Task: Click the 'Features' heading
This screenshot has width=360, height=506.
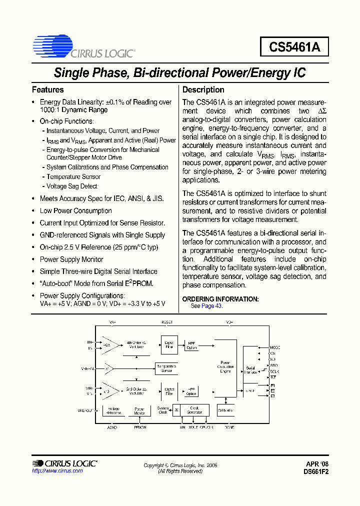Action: [x=48, y=90]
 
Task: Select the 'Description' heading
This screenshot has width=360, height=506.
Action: [x=203, y=90]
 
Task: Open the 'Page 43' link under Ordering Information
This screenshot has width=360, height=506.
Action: [x=211, y=306]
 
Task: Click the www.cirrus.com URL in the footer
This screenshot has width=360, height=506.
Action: [x=57, y=471]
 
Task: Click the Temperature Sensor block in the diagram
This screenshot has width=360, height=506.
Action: [x=166, y=368]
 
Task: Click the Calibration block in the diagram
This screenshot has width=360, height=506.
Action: [x=225, y=410]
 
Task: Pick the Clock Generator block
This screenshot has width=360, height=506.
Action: [x=194, y=410]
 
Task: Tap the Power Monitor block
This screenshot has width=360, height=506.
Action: [x=139, y=410]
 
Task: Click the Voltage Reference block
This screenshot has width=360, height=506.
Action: [x=114, y=410]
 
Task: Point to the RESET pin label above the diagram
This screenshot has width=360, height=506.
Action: [x=166, y=322]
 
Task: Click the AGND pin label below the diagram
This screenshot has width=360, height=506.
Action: [x=112, y=427]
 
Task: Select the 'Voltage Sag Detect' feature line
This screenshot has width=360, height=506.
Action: [x=72, y=186]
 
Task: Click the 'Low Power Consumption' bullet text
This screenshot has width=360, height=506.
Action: [x=75, y=211]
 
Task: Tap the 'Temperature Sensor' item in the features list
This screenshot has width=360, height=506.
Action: [x=73, y=177]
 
